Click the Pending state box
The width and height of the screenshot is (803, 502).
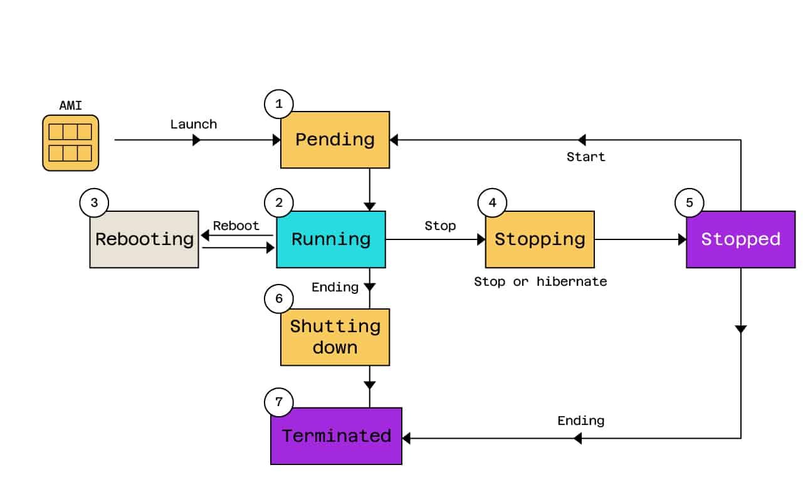click(x=335, y=140)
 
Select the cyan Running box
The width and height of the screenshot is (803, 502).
click(x=331, y=239)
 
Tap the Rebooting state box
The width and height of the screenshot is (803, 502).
click(x=144, y=239)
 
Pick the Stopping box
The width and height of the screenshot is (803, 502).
click(x=540, y=239)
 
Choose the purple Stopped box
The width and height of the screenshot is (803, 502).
click(x=740, y=239)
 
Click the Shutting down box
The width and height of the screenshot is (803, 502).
click(x=335, y=337)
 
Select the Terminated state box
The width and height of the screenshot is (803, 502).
click(x=336, y=436)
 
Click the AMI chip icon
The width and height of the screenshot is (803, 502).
click(x=70, y=143)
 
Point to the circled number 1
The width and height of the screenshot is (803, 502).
click(x=279, y=104)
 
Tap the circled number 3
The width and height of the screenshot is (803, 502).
click(x=94, y=202)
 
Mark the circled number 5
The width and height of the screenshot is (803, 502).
click(x=689, y=202)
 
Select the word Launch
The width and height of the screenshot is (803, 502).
click(x=194, y=124)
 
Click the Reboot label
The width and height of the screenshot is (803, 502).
click(x=236, y=226)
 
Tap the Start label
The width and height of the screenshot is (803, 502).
click(x=585, y=157)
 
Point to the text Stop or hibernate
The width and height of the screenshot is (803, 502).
click(x=540, y=281)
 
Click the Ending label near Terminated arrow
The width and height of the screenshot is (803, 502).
click(x=580, y=420)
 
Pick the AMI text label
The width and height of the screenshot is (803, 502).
click(x=70, y=106)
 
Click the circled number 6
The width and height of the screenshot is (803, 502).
click(x=279, y=299)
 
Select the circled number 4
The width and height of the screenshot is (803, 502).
click(x=492, y=202)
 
